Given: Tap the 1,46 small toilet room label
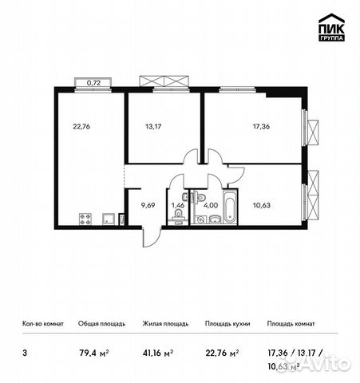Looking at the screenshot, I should (178, 205).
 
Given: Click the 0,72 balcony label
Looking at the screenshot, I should (93, 82).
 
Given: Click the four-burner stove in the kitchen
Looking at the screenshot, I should (86, 219).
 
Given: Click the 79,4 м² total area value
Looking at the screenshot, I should (93, 349).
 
